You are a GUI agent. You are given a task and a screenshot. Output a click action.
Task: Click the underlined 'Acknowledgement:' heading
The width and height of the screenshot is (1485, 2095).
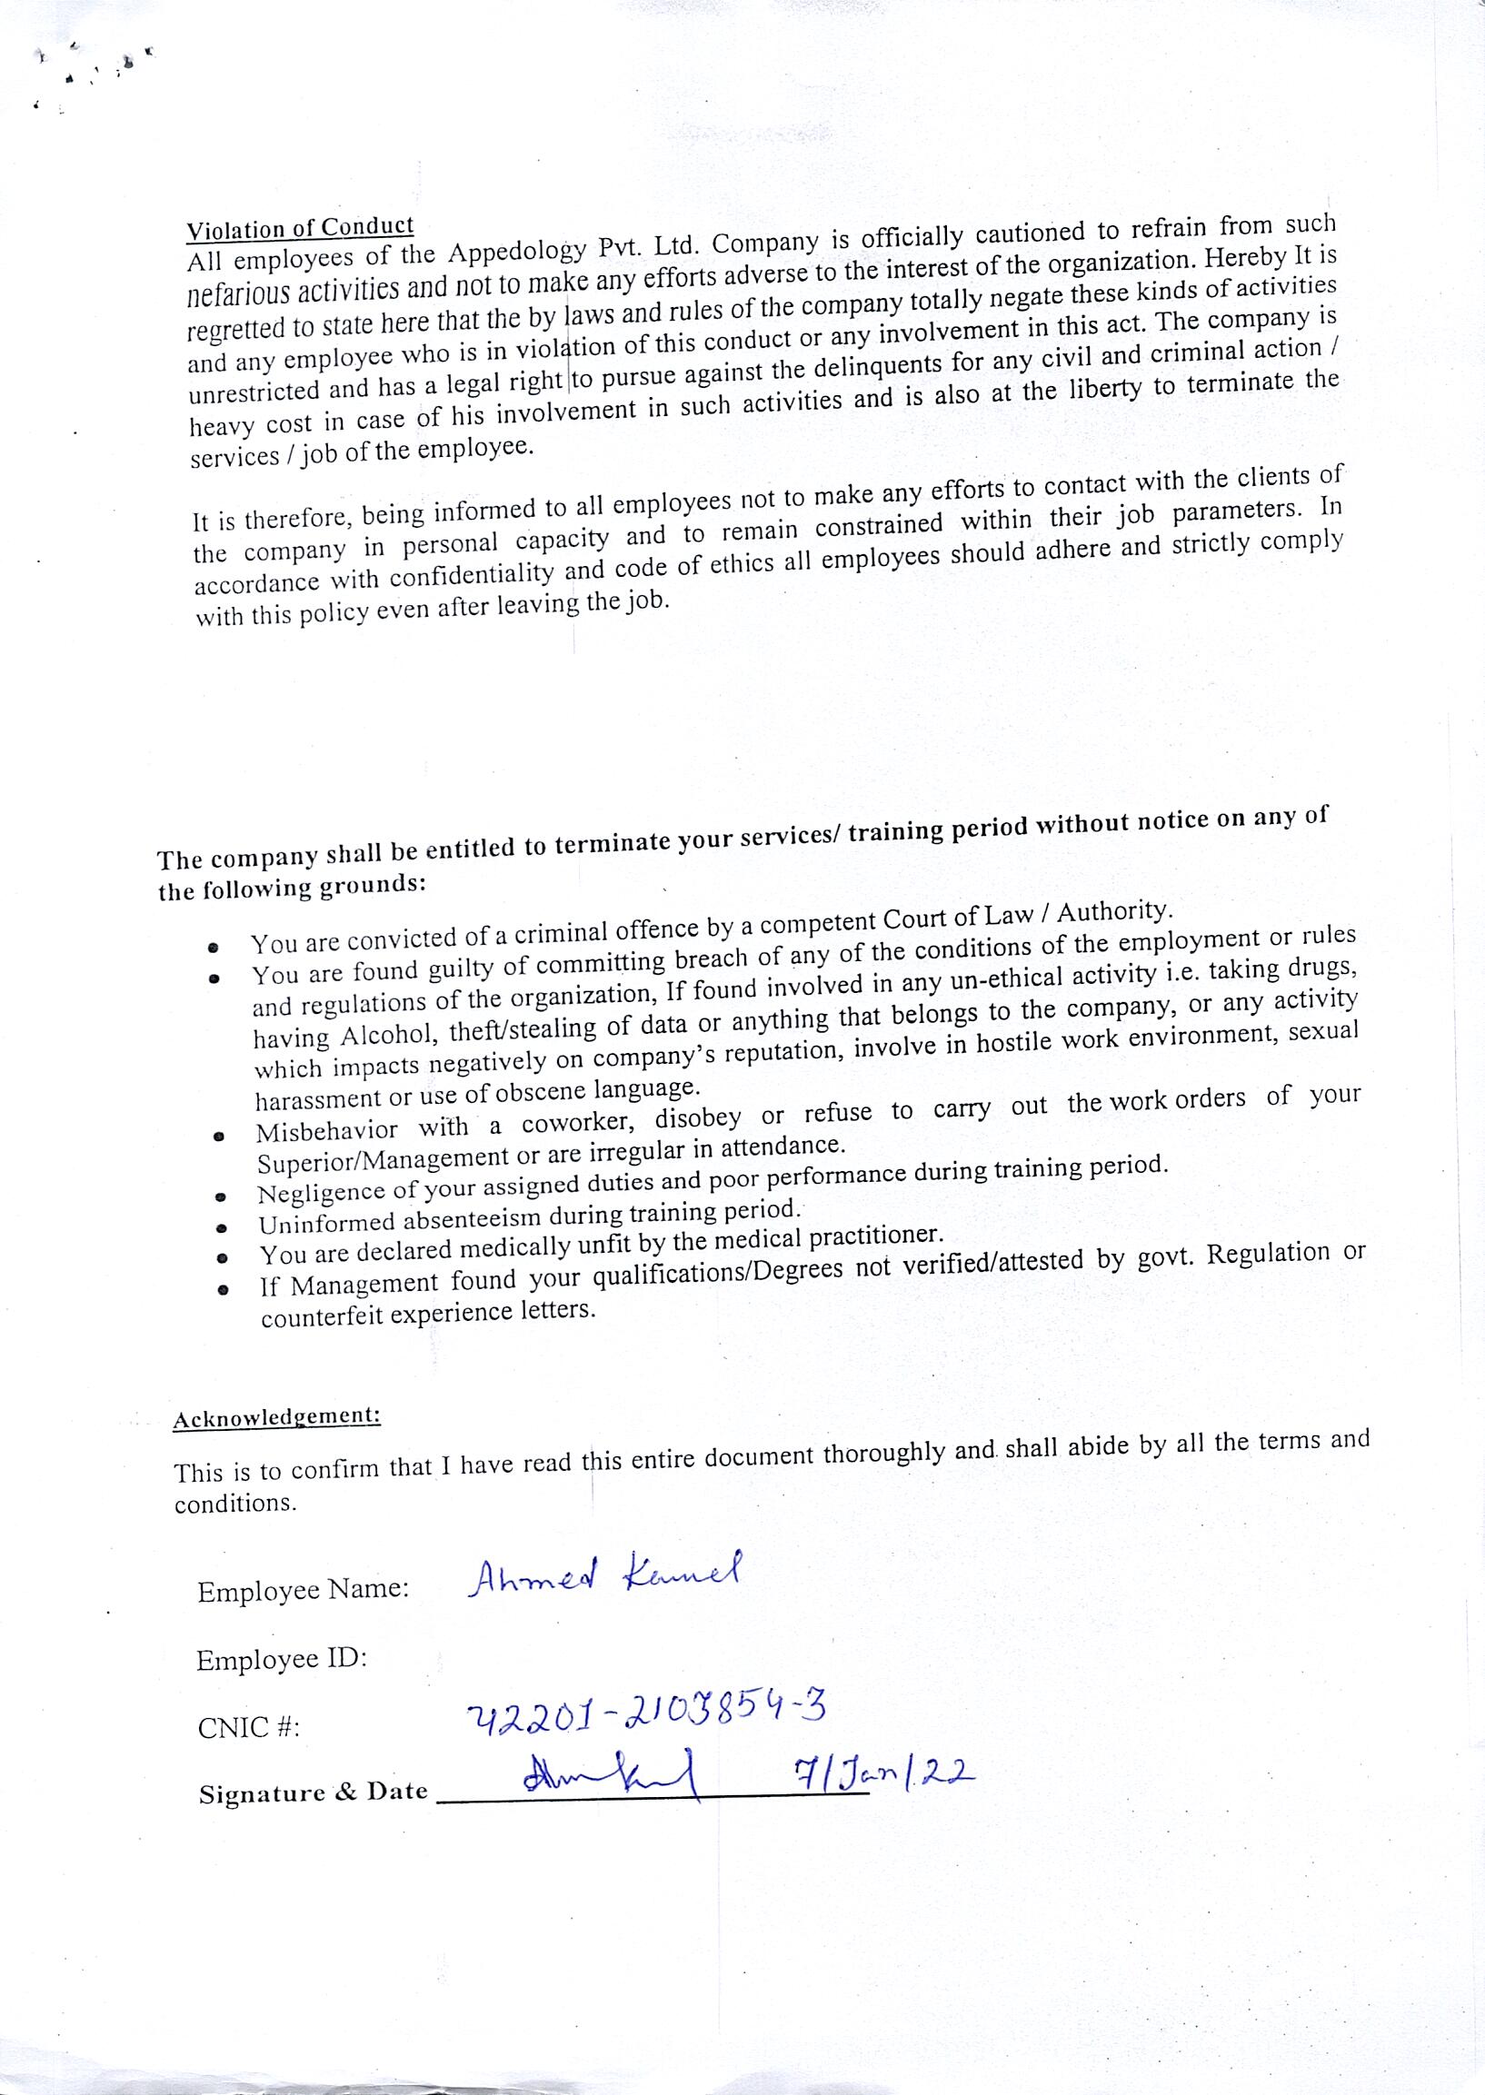276,1417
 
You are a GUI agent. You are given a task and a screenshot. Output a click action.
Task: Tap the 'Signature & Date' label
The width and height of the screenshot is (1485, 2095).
313,1793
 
